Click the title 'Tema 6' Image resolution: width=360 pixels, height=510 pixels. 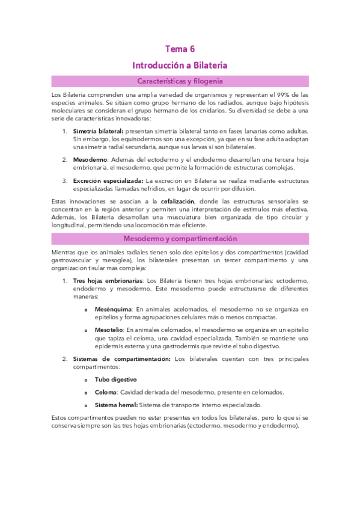180,49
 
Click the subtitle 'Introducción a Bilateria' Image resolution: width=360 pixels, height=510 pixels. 180,65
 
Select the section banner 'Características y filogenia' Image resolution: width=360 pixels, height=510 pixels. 180,81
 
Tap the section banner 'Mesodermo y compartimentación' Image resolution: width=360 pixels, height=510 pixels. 180,239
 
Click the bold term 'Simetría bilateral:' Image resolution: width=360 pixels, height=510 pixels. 98,131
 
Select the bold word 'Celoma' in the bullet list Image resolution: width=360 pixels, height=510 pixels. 105,392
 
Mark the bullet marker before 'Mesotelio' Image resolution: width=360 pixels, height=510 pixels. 87,330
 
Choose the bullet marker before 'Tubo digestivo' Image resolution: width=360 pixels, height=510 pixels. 87,380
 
